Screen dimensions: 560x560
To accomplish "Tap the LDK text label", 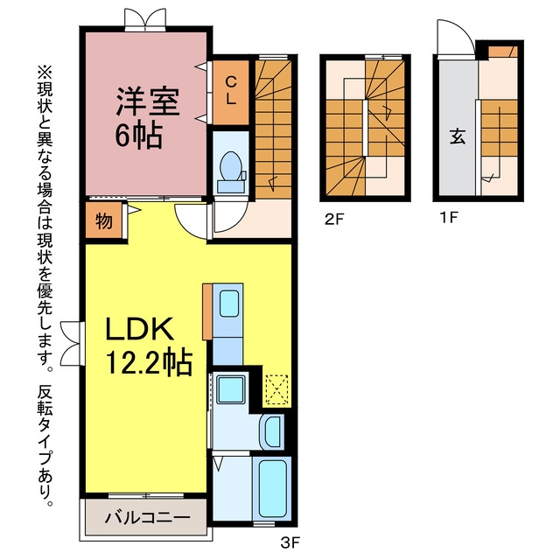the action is click(140, 328).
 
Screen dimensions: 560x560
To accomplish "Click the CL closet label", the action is click(231, 91).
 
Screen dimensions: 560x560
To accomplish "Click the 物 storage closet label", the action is click(104, 221).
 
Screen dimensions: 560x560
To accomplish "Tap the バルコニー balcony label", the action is click(148, 517).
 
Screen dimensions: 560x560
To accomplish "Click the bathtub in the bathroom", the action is click(273, 488).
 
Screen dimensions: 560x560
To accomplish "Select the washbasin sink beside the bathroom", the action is click(272, 431).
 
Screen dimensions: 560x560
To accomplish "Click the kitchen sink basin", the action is click(229, 304).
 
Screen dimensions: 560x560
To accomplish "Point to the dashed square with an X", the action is click(276, 389).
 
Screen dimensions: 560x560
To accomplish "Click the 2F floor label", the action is click(333, 219).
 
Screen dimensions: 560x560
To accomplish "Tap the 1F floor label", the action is click(449, 217).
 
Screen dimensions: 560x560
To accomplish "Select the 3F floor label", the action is click(290, 543).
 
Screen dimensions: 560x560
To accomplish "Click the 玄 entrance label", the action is click(457, 136).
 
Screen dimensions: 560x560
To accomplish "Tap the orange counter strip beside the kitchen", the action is click(207, 311).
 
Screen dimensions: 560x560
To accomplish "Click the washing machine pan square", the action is click(231, 389).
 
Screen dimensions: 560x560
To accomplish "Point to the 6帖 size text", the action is click(138, 136).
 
